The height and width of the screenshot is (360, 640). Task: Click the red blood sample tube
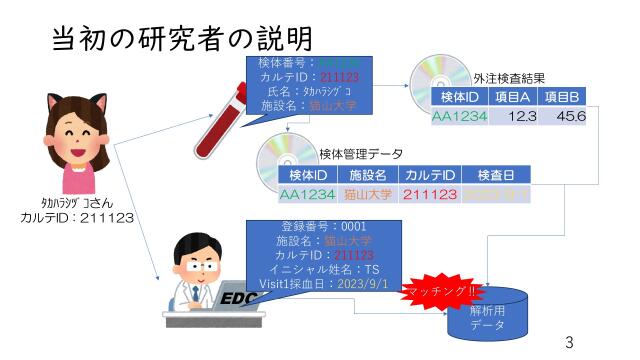(x=221, y=121)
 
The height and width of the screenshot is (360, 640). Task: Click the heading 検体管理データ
(x=361, y=154)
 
